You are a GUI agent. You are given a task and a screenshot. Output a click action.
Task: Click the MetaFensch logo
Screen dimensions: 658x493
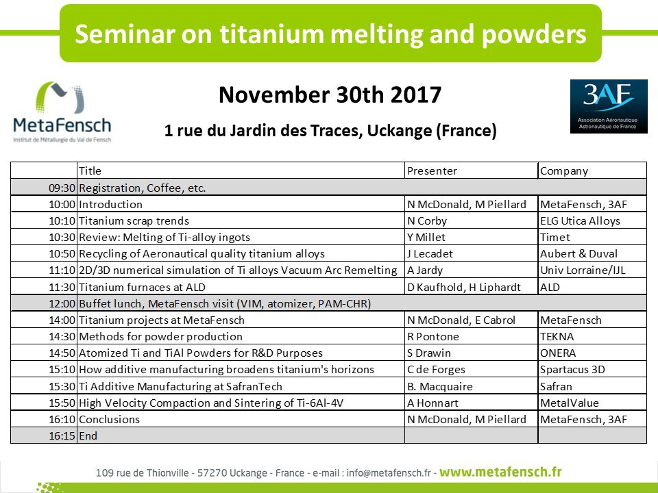[62, 112]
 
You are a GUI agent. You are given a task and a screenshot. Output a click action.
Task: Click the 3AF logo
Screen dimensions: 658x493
[609, 107]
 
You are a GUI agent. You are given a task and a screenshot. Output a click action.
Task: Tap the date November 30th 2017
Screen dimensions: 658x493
[330, 94]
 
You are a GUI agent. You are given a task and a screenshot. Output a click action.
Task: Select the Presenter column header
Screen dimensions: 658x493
[432, 171]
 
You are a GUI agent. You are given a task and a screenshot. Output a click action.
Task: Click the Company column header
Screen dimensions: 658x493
[564, 171]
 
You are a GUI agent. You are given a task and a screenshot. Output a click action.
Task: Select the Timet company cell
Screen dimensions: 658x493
[555, 238]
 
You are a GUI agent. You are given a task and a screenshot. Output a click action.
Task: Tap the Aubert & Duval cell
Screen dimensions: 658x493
[578, 253]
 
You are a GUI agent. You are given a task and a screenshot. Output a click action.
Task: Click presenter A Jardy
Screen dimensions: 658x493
[425, 270]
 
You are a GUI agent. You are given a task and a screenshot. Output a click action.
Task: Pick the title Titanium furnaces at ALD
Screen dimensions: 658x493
[143, 287]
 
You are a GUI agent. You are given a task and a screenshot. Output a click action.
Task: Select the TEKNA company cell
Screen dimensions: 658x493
[557, 337]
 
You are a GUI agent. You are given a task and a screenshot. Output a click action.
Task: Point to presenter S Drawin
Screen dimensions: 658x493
[429, 353]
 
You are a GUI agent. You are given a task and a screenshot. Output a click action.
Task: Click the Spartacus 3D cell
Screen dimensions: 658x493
[572, 370]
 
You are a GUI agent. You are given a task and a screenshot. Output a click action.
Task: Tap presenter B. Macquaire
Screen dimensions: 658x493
[440, 386]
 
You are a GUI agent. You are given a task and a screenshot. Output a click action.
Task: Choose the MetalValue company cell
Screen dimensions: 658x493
[570, 403]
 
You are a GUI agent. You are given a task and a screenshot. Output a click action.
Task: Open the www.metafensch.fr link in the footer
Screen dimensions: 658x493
[500, 472]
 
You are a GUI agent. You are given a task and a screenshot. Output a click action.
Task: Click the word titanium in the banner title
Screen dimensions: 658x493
[272, 34]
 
